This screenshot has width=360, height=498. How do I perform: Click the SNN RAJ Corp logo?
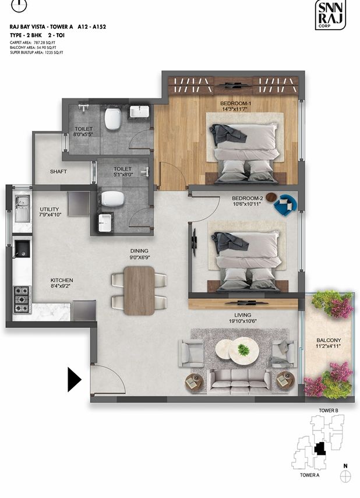(330, 15)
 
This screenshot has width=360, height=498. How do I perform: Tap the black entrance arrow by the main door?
(74, 379)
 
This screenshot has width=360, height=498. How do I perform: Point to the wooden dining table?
(139, 291)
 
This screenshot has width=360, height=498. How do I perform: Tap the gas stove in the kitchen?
(22, 299)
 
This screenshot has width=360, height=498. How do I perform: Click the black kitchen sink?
(22, 249)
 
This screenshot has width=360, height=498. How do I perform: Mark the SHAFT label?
(58, 171)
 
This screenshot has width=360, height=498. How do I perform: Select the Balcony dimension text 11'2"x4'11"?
(329, 346)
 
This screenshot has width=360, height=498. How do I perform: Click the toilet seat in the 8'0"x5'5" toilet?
(113, 119)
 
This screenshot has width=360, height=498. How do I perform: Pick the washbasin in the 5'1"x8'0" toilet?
(105, 222)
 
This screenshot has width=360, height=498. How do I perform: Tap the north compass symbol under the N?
(345, 476)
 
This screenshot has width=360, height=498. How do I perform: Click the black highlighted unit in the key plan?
(319, 448)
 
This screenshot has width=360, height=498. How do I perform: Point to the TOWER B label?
(329, 411)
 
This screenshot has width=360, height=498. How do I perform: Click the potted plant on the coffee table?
(243, 349)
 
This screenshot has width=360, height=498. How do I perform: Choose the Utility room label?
(50, 209)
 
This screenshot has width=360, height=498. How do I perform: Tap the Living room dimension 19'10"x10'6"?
(243, 321)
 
